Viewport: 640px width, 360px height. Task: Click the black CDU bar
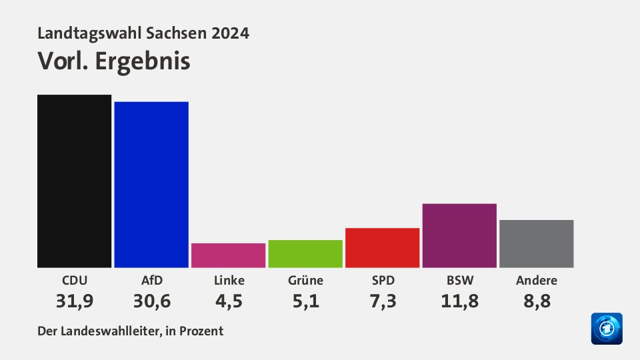pyautogui.click(x=74, y=181)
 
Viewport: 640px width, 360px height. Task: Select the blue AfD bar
pyautogui.click(x=151, y=184)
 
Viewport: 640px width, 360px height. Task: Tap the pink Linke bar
pyautogui.click(x=228, y=255)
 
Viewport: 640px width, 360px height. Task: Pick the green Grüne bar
pyautogui.click(x=305, y=253)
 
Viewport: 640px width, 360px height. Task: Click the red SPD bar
pyautogui.click(x=382, y=247)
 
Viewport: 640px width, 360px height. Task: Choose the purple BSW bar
pyautogui.click(x=459, y=235)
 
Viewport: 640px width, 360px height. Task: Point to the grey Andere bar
pyautogui.click(x=536, y=243)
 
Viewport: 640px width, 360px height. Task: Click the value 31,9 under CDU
pyautogui.click(x=74, y=301)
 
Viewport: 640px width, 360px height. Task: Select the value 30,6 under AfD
pyautogui.click(x=151, y=301)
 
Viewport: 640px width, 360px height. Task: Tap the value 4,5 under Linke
pyautogui.click(x=228, y=301)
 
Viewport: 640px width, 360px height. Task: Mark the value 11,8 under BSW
pyautogui.click(x=459, y=301)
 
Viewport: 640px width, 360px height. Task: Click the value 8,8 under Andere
pyautogui.click(x=536, y=301)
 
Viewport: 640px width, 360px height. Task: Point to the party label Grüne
pyautogui.click(x=305, y=280)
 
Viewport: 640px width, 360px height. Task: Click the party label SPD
pyautogui.click(x=382, y=280)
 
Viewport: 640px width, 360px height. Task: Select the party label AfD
pyautogui.click(x=151, y=280)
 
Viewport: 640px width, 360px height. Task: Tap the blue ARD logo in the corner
pyautogui.click(x=606, y=329)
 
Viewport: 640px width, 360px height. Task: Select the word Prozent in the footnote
pyautogui.click(x=202, y=331)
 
